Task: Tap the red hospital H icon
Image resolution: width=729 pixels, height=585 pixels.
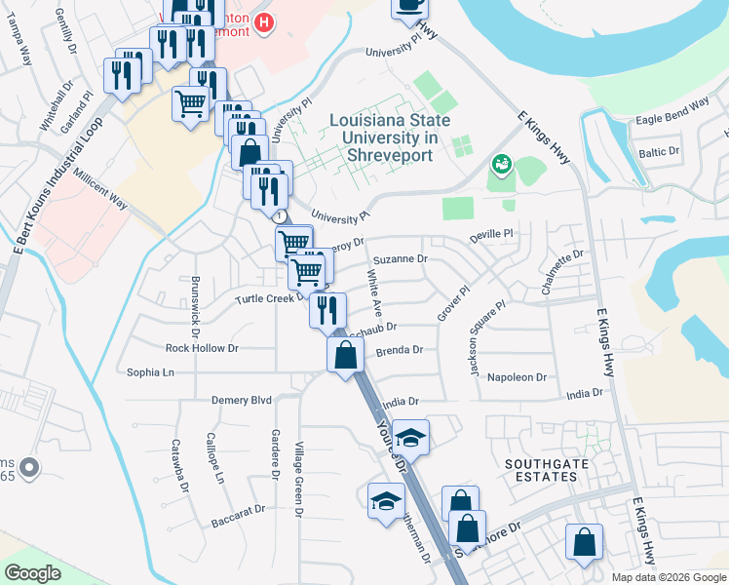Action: point(261,22)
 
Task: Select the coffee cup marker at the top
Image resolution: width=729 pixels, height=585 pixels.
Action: point(409,5)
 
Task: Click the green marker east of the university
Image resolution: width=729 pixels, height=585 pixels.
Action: point(502,163)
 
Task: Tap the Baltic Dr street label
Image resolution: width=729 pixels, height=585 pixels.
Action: point(659,152)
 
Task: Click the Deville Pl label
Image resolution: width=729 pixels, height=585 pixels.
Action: point(490,234)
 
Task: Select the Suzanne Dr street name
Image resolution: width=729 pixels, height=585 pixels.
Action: point(401,259)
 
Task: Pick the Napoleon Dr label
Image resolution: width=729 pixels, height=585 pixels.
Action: point(518,376)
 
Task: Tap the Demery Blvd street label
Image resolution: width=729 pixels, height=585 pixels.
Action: point(242,400)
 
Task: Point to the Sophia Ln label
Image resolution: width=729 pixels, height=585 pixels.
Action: point(150,372)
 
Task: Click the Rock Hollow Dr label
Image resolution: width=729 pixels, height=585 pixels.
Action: point(202,348)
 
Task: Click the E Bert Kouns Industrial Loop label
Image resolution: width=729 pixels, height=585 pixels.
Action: point(55,200)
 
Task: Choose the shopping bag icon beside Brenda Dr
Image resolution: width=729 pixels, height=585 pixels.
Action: point(346,355)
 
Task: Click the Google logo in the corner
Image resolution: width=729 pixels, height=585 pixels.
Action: point(32,573)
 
